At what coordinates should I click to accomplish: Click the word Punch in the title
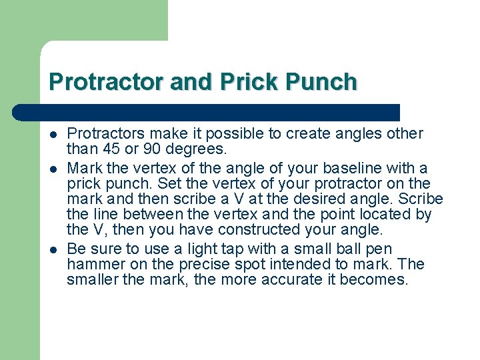322,82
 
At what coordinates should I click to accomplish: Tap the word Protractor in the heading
107,82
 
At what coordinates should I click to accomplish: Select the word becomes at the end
373,279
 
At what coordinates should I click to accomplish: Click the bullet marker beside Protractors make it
53,133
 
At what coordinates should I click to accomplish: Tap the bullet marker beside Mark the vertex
53,168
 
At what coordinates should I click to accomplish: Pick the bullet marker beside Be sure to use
53,249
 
